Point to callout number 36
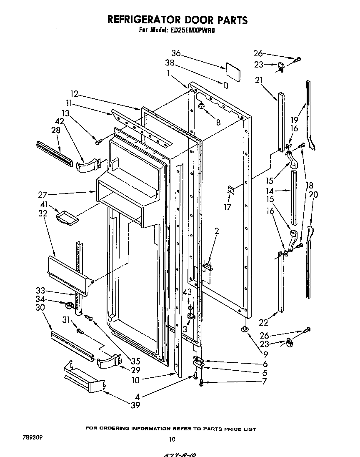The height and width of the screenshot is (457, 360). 176,53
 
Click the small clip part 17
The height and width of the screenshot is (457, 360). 231,191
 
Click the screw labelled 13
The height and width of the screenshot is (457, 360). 98,142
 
